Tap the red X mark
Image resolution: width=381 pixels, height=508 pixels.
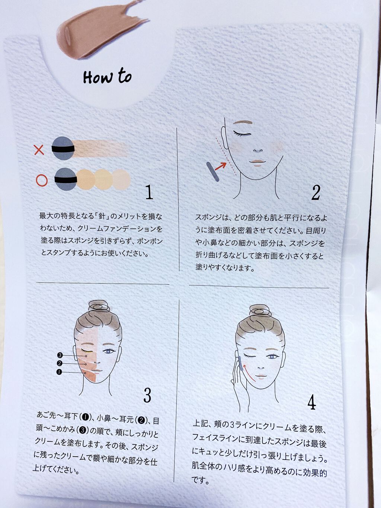[x=39, y=150]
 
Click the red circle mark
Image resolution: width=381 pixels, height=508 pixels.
[x=42, y=180]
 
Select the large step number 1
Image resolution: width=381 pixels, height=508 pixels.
[x=149, y=192]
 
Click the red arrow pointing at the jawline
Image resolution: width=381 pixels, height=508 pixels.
[x=221, y=166]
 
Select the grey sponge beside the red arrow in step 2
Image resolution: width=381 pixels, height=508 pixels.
[x=212, y=172]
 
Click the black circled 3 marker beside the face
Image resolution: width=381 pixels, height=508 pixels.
[x=60, y=355]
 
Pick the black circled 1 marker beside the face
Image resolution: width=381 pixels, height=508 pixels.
[x=59, y=372]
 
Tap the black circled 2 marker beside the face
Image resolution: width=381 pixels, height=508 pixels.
[x=60, y=363]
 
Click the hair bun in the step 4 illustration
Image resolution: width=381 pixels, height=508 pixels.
[x=260, y=311]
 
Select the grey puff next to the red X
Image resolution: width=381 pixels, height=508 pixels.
[x=63, y=148]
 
